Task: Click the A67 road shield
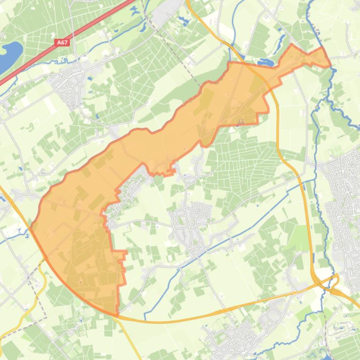coord(62,42)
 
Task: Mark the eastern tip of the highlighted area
coord(330,65)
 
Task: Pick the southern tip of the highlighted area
coord(117,314)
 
